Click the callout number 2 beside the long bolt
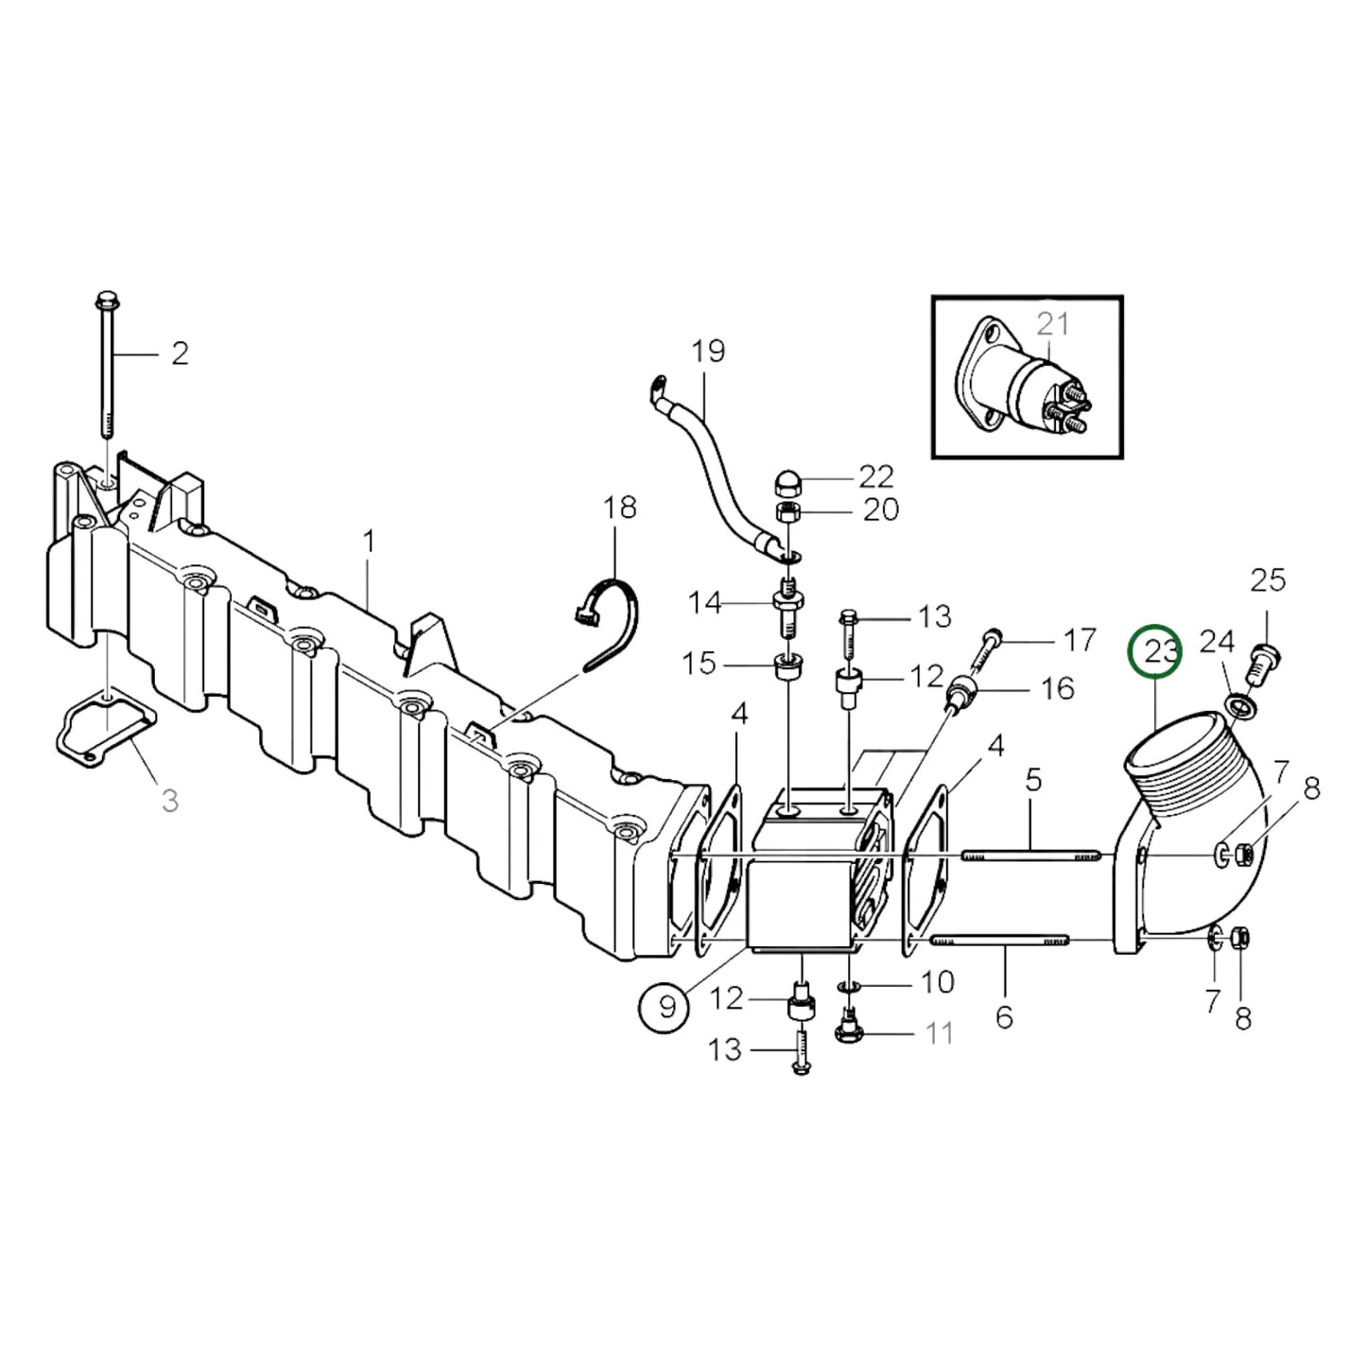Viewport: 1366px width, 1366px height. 180,354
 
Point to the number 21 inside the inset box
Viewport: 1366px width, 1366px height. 1052,324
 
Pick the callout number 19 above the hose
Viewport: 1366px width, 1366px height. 707,352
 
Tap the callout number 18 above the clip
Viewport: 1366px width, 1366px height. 620,508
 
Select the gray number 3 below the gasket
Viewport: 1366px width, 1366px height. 169,801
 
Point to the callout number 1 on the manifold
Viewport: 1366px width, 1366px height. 369,542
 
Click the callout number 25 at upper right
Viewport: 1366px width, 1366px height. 1268,579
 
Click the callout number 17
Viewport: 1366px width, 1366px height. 1079,640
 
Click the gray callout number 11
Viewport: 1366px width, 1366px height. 938,1033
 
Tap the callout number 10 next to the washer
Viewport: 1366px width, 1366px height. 937,983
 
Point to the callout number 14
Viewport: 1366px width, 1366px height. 704,602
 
